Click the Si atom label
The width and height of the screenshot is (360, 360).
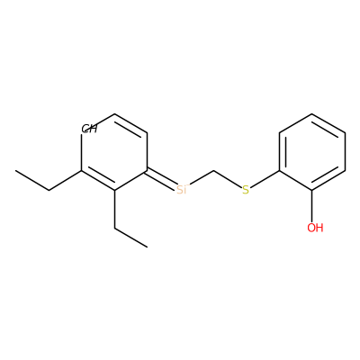(x=182, y=190)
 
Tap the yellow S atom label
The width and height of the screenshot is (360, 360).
(x=246, y=190)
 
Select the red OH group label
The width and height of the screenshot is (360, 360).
(x=315, y=228)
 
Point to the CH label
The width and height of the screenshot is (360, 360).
(x=89, y=129)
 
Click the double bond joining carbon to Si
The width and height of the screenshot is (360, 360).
(x=162, y=180)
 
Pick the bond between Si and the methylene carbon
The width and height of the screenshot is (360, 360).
(x=202, y=178)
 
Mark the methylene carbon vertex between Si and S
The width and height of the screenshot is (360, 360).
(x=214, y=171)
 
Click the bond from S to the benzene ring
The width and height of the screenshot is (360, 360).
(x=265, y=179)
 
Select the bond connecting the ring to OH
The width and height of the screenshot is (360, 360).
(x=312, y=206)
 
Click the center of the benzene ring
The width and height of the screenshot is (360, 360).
(x=312, y=152)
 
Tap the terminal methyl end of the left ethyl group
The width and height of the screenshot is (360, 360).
(x=16, y=171)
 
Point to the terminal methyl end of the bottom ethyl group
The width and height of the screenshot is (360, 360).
(x=148, y=247)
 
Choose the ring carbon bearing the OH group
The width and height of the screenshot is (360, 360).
(x=312, y=190)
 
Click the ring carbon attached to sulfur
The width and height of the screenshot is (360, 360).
(x=279, y=171)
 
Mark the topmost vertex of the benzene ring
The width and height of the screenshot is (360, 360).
(x=312, y=114)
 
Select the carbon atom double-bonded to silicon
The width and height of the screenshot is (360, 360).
(x=148, y=171)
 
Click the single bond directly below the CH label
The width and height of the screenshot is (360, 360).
(x=82, y=152)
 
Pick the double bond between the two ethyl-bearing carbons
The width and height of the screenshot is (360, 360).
(x=98, y=181)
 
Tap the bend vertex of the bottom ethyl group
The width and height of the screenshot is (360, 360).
(x=115, y=229)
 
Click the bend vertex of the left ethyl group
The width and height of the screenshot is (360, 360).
(x=49, y=190)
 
